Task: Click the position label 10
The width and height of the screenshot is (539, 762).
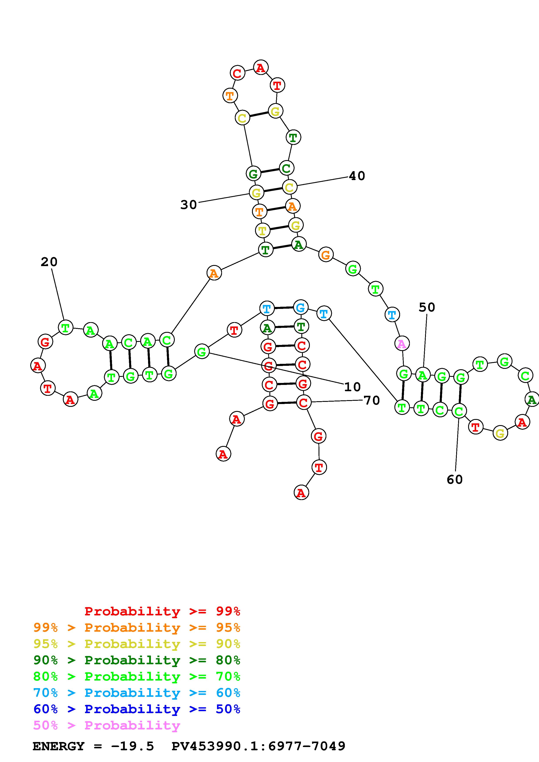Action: point(352,387)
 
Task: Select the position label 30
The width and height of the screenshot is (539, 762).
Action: point(189,205)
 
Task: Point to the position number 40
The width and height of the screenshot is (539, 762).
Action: point(357,176)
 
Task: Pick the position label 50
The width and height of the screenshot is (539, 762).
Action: point(427,307)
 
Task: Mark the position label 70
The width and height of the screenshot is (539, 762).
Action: point(372,401)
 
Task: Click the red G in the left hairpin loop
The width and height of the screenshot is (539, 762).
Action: point(45,341)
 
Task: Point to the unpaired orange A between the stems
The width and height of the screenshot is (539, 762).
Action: point(214,273)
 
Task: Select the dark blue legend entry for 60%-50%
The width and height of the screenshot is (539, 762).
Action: point(137,709)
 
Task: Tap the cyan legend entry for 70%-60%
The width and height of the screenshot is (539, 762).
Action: point(137,693)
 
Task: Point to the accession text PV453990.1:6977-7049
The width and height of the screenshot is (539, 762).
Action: point(258,746)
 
